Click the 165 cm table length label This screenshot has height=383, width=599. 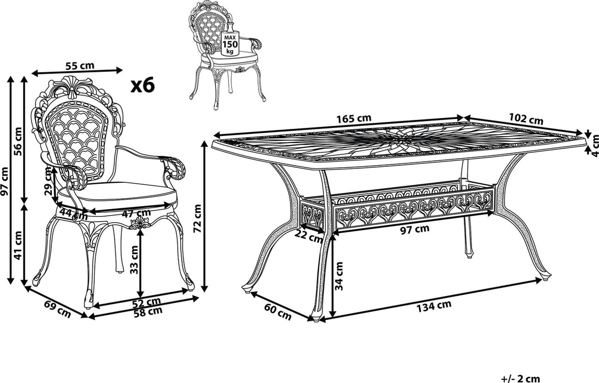tap(354, 118)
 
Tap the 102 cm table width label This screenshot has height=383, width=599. tap(526, 119)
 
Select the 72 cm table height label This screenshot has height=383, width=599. tap(198, 219)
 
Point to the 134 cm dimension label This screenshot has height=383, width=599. tap(434, 306)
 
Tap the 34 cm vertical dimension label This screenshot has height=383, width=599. tap(339, 276)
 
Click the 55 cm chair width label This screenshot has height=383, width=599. tap(80, 66)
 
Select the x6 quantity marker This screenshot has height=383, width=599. tap(143, 85)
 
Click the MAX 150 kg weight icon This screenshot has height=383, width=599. tap(230, 43)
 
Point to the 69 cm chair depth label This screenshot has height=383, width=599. tap(57, 309)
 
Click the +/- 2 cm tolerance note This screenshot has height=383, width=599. tap(520, 379)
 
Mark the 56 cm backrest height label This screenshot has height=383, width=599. tap(18, 141)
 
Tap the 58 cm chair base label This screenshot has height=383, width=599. tap(148, 312)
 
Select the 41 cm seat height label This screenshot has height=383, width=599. tap(18, 245)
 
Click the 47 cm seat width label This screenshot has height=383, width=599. tap(136, 213)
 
